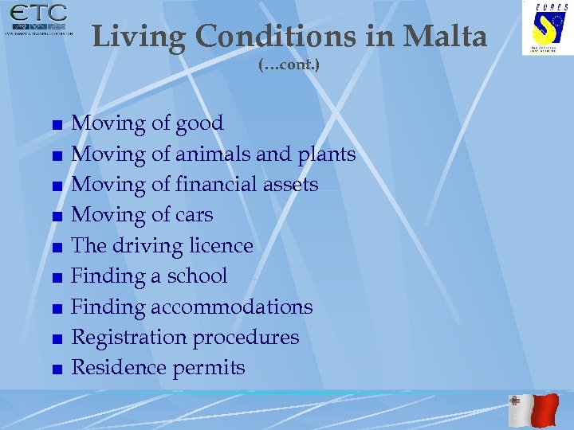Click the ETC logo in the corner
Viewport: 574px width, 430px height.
38,21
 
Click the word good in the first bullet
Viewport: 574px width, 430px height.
199,123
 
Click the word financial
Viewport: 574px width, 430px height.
215,184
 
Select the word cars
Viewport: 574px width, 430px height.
194,214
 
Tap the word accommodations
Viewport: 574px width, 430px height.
232,307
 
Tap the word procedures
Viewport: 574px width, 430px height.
246,337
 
